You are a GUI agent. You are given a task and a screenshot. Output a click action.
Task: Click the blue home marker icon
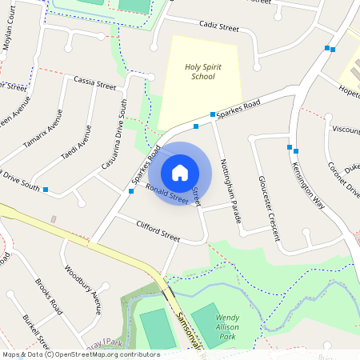[x=180, y=173]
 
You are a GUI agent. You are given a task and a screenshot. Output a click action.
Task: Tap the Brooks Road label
[x=49, y=295]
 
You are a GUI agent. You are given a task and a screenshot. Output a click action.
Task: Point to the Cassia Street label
[x=94, y=82]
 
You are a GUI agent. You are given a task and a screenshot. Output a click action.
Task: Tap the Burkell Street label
[x=37, y=330]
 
